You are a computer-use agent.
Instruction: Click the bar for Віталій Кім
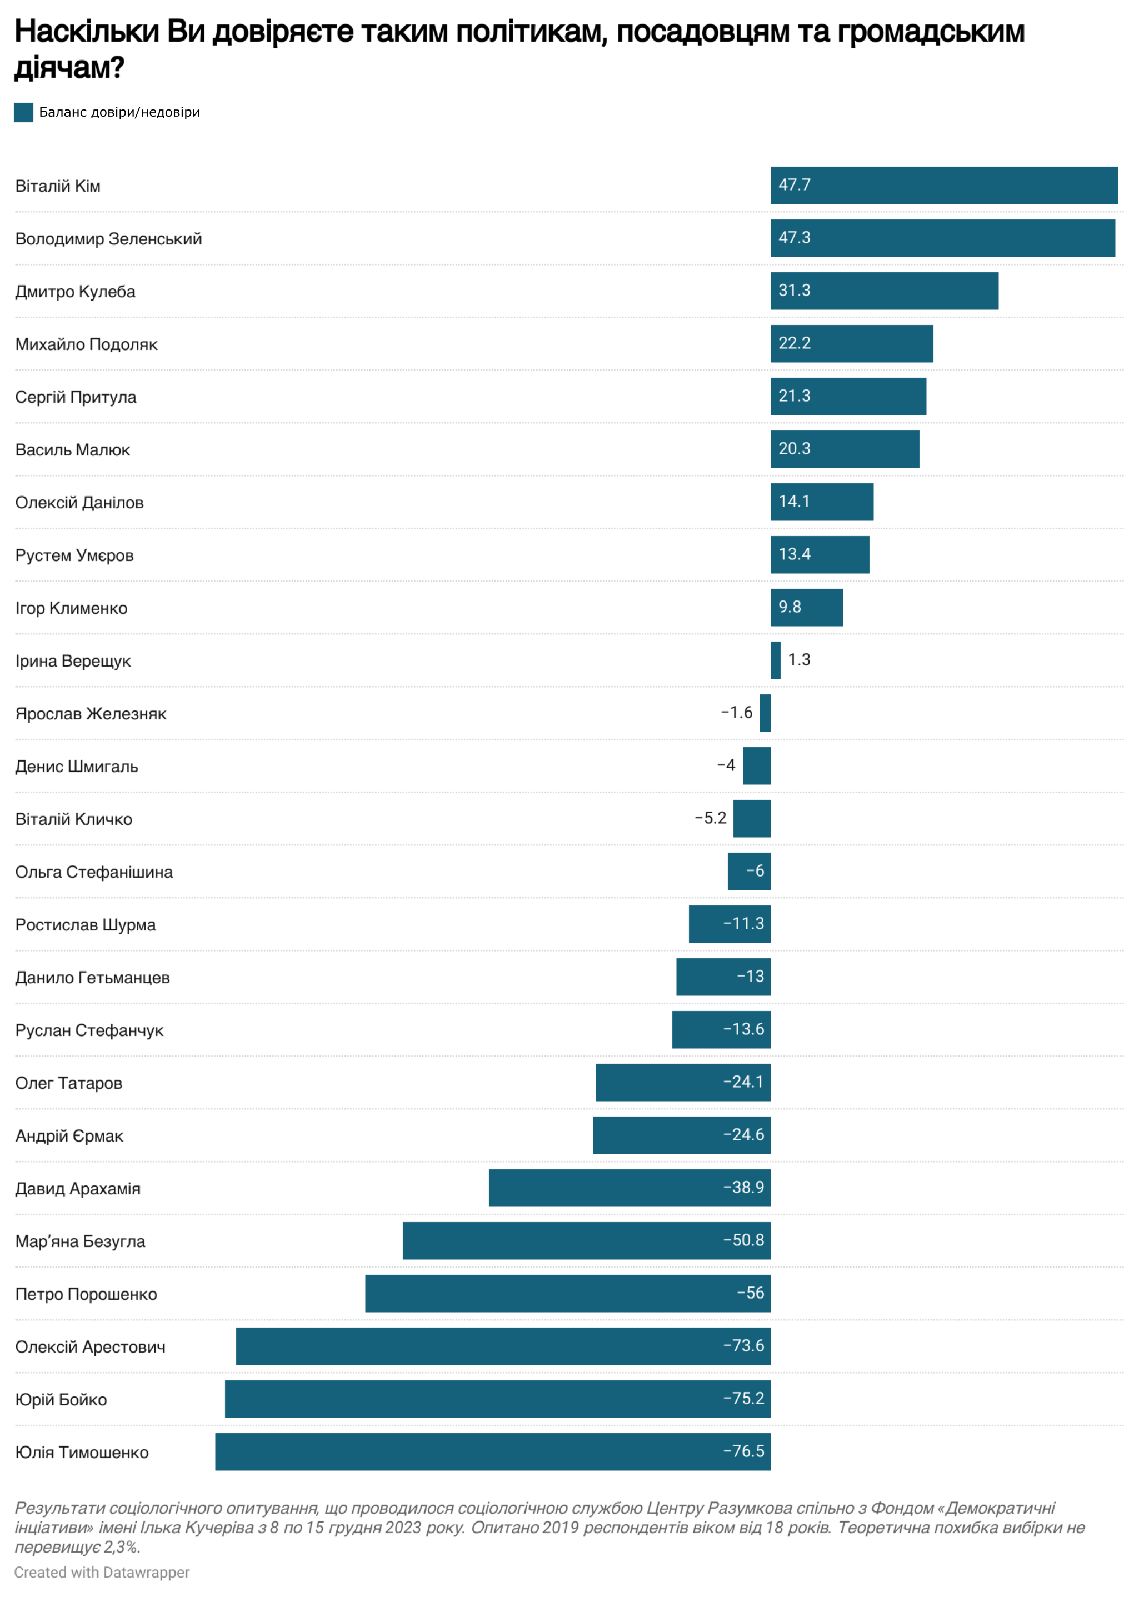943,185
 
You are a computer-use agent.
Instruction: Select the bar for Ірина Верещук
775,660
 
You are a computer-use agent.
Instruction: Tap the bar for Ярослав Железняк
765,713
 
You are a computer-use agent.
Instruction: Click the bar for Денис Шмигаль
756,765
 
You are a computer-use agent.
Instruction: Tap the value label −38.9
743,1188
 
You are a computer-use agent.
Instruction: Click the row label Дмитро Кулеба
75,292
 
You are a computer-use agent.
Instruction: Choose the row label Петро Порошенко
86,1294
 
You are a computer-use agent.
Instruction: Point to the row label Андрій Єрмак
69,1136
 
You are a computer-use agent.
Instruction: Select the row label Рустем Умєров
74,555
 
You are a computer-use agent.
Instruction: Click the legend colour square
23,112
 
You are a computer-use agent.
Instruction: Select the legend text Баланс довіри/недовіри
119,112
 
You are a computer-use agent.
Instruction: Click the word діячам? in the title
69,67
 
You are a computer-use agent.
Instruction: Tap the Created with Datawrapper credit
102,1573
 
